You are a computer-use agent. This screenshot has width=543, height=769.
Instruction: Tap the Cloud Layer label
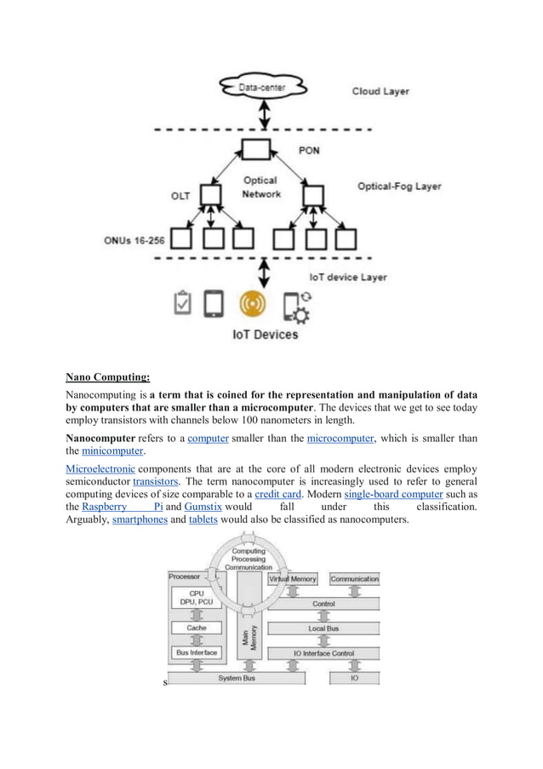pos(380,91)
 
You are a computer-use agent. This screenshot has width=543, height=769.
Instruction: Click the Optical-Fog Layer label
pos(399,187)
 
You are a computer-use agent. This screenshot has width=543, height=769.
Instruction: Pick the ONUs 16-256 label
pos(136,240)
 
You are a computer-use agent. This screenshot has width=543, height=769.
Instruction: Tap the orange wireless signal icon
pos(254,304)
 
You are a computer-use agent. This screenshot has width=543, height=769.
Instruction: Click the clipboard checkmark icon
pos(181,304)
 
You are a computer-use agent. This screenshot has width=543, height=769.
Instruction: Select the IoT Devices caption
pos(266,335)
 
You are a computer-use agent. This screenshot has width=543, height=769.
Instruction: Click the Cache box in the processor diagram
pos(196,628)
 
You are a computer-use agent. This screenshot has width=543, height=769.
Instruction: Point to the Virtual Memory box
pos(293,579)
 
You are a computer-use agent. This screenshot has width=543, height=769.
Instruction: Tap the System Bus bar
pos(236,679)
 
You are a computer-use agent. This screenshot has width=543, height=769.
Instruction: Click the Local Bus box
pos(323,628)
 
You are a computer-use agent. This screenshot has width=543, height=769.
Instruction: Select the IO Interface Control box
pos(323,653)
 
